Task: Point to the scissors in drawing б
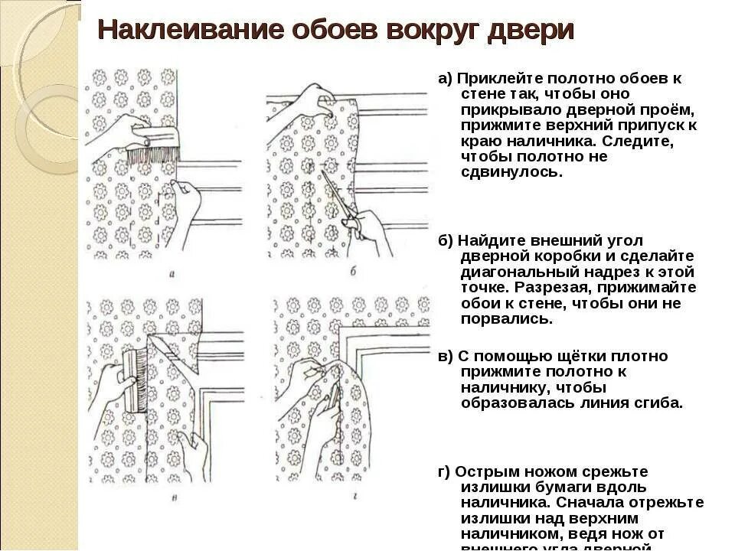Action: click(341, 201)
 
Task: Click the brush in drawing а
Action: click(156, 148)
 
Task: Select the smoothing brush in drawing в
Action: click(139, 379)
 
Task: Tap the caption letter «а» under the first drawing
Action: click(171, 272)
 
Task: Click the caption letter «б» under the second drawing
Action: click(352, 272)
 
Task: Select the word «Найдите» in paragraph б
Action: click(487, 240)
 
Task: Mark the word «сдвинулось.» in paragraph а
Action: click(501, 172)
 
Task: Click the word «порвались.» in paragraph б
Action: click(506, 318)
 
